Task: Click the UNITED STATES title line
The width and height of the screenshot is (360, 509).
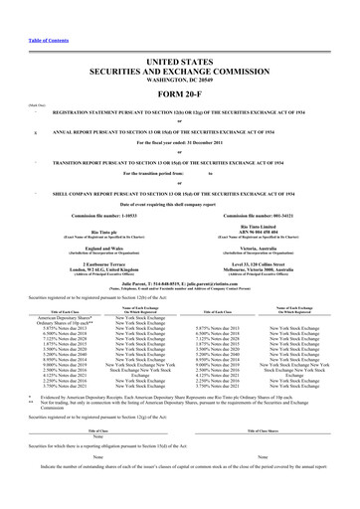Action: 179,48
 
